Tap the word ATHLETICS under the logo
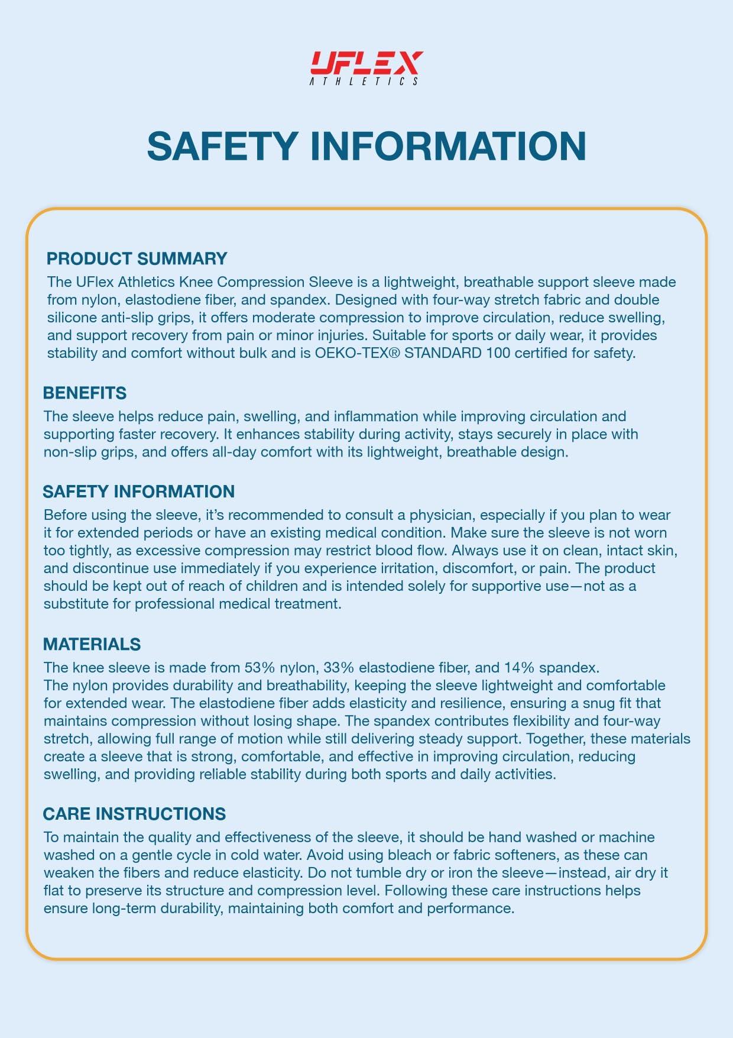(364, 82)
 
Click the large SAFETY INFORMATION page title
(366, 145)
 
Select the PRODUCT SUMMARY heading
(137, 258)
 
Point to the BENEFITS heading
(85, 393)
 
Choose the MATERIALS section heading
(92, 644)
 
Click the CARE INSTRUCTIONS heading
(134, 814)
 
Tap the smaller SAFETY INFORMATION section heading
(138, 491)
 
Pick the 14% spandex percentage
(519, 668)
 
